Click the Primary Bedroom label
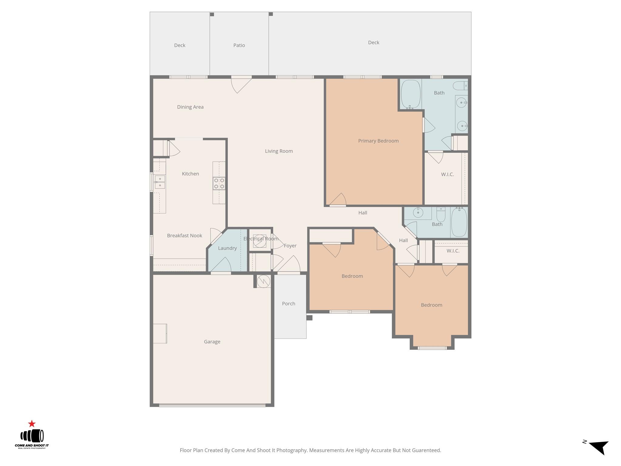coord(378,141)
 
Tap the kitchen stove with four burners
coord(219,183)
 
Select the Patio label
coord(239,45)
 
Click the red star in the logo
coord(32,424)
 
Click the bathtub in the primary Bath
coord(411,94)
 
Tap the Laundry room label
coord(227,248)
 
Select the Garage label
coord(212,342)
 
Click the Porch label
coord(288,304)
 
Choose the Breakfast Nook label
coord(184,236)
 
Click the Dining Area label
coord(190,107)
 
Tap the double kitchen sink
coord(160,182)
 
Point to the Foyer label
coord(290,246)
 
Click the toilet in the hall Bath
coord(441,215)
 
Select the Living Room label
coord(279,151)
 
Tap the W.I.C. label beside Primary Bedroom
coord(447,174)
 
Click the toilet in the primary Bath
coord(460,86)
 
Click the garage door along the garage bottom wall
coord(212,405)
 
